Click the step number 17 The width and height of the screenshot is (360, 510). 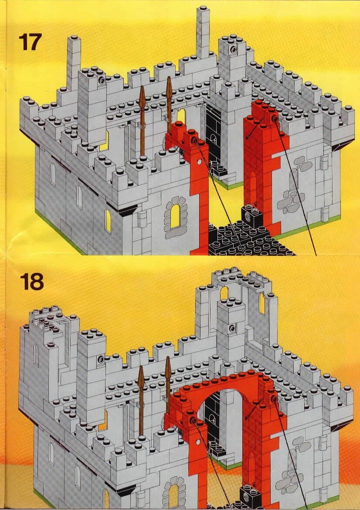30,42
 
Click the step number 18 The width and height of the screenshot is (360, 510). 31,281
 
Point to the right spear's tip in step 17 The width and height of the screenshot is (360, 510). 169,78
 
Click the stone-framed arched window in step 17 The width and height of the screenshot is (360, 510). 176,216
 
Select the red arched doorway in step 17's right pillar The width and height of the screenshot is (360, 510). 252,189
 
